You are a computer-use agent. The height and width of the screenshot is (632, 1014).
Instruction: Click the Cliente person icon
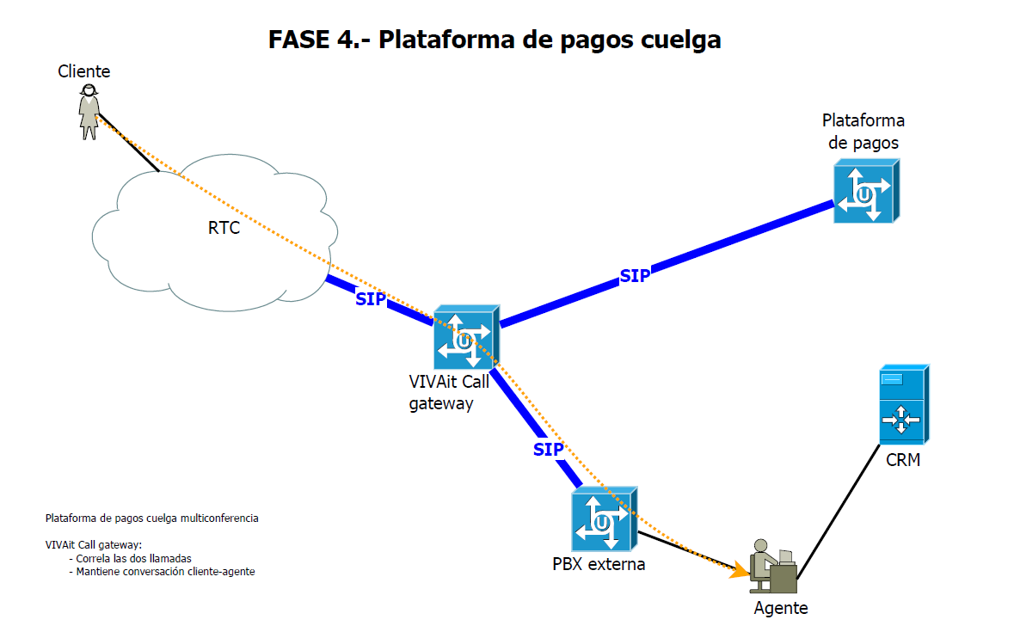89,112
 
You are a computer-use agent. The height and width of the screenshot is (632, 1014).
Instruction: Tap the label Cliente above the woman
84,71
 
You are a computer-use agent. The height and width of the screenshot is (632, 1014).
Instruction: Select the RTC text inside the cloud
224,228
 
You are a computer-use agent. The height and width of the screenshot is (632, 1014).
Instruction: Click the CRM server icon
902,404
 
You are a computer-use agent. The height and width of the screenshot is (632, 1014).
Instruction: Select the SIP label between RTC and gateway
371,299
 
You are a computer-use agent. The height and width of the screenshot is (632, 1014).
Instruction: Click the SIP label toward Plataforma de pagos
635,276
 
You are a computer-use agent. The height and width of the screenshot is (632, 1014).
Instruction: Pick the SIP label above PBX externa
548,449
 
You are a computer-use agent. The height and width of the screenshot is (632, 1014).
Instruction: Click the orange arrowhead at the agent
739,570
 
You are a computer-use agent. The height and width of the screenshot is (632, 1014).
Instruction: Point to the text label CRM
903,461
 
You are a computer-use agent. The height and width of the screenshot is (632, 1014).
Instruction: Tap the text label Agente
781,608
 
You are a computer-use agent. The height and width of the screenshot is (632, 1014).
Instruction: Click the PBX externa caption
599,565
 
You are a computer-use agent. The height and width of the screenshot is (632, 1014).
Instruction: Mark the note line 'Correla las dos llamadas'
133,558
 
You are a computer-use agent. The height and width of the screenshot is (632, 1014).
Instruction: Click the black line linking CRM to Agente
839,507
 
